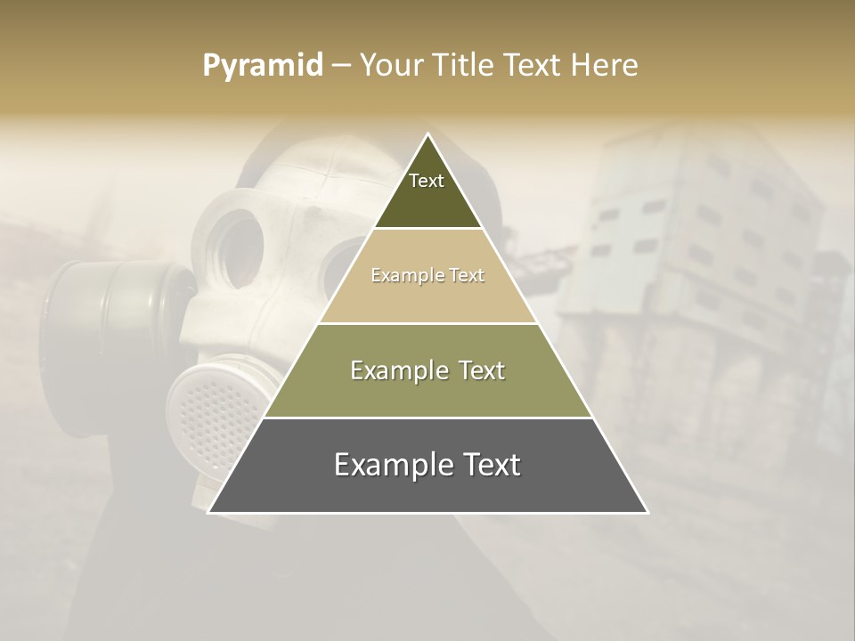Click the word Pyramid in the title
[262, 66]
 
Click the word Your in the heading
[391, 66]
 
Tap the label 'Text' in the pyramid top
[427, 181]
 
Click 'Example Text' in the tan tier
[427, 275]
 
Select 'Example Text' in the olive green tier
[427, 370]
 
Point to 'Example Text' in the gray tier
[427, 465]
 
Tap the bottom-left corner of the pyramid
[209, 512]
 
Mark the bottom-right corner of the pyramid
[647, 512]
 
